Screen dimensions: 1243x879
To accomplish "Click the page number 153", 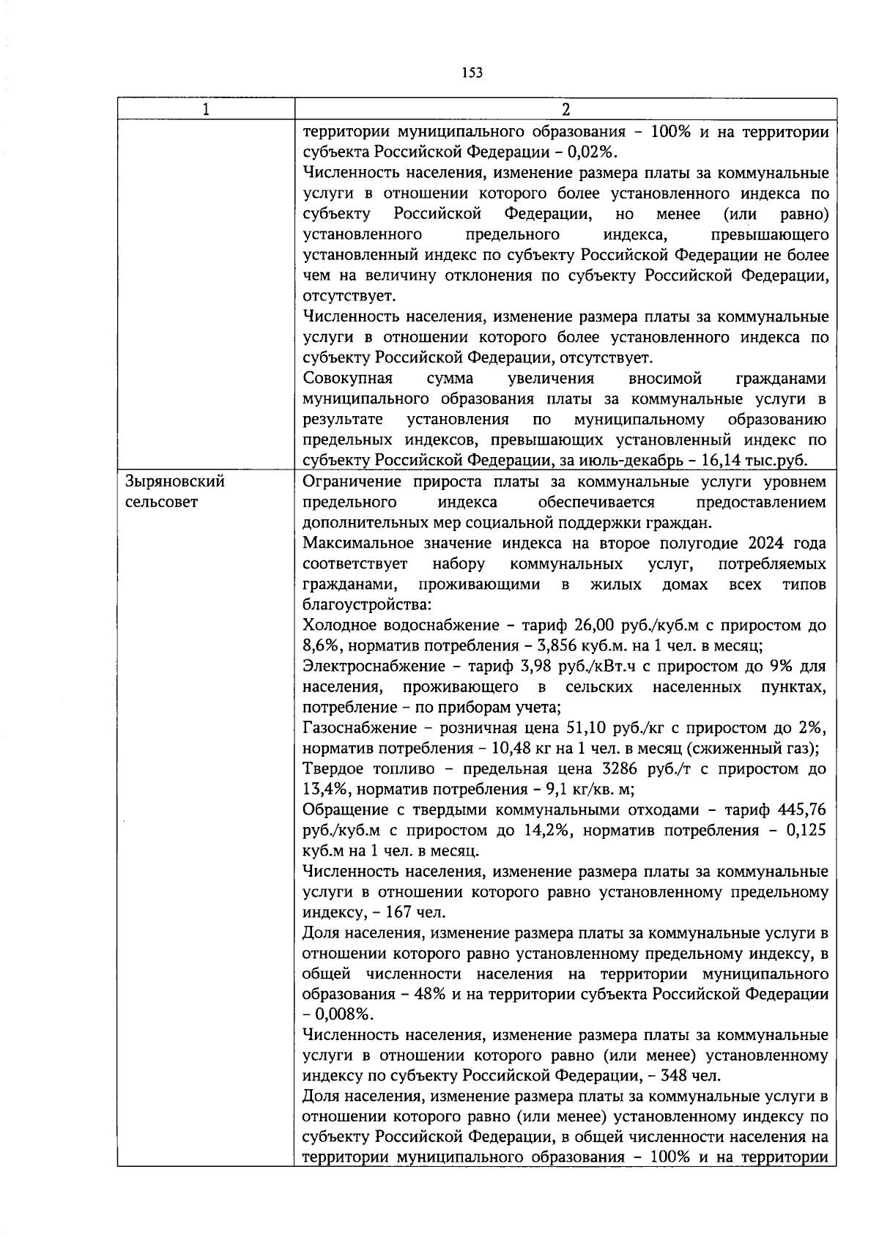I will click(472, 73).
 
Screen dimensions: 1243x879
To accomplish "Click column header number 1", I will click(206, 109).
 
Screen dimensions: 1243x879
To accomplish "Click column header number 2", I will click(565, 109).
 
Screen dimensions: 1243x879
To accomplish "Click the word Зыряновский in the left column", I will click(175, 482).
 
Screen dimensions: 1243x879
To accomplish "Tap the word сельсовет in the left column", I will click(162, 502).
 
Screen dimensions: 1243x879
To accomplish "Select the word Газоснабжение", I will click(357, 728).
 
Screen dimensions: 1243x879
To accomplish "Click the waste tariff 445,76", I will click(802, 810).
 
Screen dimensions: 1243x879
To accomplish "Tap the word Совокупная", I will click(347, 379).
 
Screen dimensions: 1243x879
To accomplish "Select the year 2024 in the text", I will click(765, 543).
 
